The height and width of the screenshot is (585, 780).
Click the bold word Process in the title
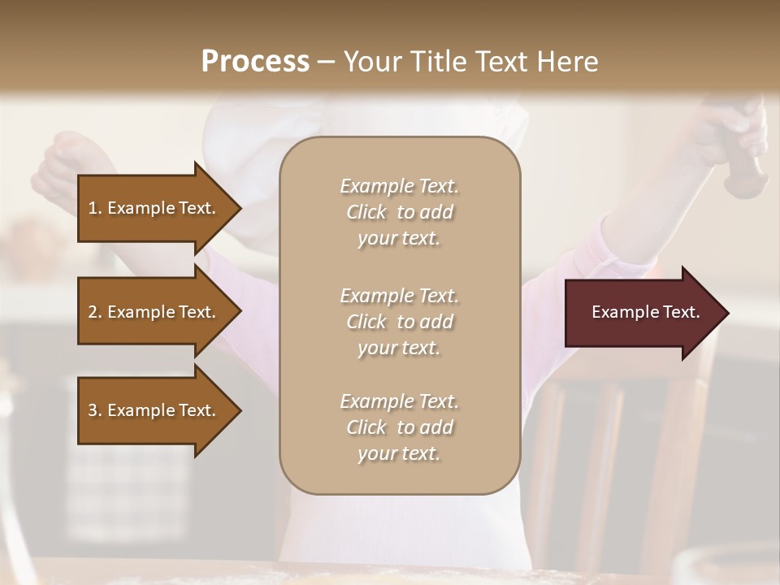255,62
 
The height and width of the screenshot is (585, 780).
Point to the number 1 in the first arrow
93,208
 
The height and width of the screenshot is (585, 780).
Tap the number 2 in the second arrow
93,312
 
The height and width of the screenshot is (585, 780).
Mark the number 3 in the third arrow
93,410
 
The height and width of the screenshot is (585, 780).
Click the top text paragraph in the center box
399,212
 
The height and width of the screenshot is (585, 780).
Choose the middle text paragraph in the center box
399,322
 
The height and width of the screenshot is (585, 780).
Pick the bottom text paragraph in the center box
399,427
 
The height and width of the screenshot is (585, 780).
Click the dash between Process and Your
326,63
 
